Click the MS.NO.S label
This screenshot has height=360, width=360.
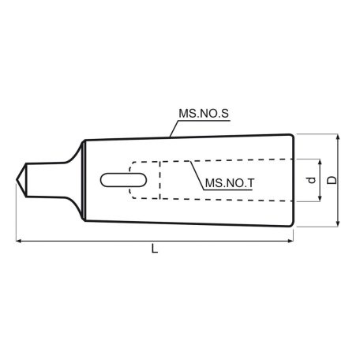point(204,114)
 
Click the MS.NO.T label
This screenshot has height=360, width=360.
point(230,183)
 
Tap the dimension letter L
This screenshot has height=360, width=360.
point(155,249)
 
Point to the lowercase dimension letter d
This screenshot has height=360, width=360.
point(311,180)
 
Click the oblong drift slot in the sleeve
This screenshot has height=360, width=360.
point(123,180)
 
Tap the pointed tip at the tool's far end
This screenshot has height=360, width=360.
point(17,180)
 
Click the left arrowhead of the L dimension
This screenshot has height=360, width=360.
point(19,241)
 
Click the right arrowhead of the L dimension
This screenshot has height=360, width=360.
point(291,241)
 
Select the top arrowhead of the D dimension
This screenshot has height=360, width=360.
point(338,137)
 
